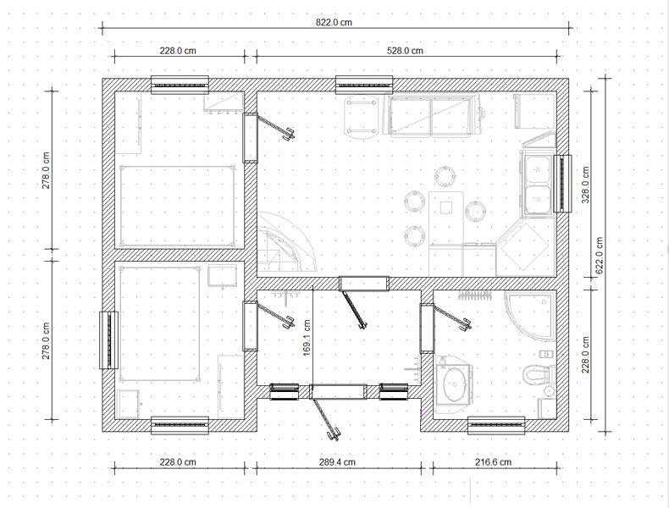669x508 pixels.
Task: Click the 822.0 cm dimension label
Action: (334, 22)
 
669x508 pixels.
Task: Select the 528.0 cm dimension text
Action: (405, 51)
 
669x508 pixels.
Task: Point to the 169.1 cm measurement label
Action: (307, 339)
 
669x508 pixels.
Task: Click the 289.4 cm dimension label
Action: (338, 462)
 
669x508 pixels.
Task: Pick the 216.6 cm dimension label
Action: (494, 462)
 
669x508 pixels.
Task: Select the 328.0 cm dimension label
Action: (585, 185)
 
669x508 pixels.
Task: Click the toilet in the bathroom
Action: (539, 374)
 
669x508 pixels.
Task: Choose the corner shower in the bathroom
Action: (530, 315)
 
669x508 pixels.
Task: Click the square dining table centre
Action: (445, 207)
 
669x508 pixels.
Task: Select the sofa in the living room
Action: (434, 115)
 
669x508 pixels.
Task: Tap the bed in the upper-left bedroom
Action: (178, 207)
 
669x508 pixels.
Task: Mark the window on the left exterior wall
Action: (108, 340)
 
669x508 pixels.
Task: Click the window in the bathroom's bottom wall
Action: (496, 426)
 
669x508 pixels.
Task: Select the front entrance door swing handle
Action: (333, 433)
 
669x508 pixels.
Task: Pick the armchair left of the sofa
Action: (362, 117)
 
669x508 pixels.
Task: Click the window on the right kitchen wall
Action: (562, 184)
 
